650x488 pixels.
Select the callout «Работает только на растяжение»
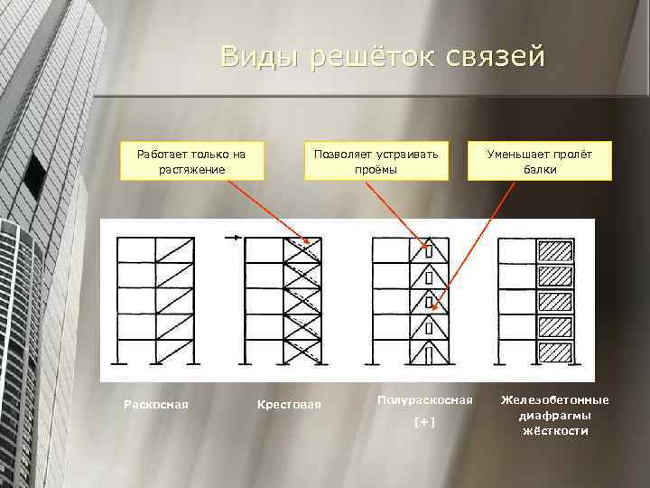pyautogui.click(x=190, y=161)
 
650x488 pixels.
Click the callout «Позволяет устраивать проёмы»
pyautogui.click(x=376, y=161)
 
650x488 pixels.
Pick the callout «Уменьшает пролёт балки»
pyautogui.click(x=539, y=161)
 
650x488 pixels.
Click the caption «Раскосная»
pyautogui.click(x=155, y=404)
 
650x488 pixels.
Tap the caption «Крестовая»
pyautogui.click(x=289, y=404)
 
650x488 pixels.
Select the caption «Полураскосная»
pyautogui.click(x=424, y=399)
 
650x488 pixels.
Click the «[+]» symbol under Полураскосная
pyautogui.click(x=423, y=422)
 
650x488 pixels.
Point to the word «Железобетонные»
pyautogui.click(x=555, y=399)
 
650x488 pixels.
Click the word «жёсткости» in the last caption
pyautogui.click(x=555, y=431)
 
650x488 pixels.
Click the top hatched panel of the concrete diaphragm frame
pyautogui.click(x=554, y=250)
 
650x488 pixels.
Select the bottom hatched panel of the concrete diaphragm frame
pyautogui.click(x=554, y=351)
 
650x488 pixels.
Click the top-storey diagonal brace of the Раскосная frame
pyautogui.click(x=174, y=250)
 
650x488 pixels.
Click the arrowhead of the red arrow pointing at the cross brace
pyautogui.click(x=309, y=242)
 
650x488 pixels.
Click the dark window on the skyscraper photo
pyautogui.click(x=33, y=176)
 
